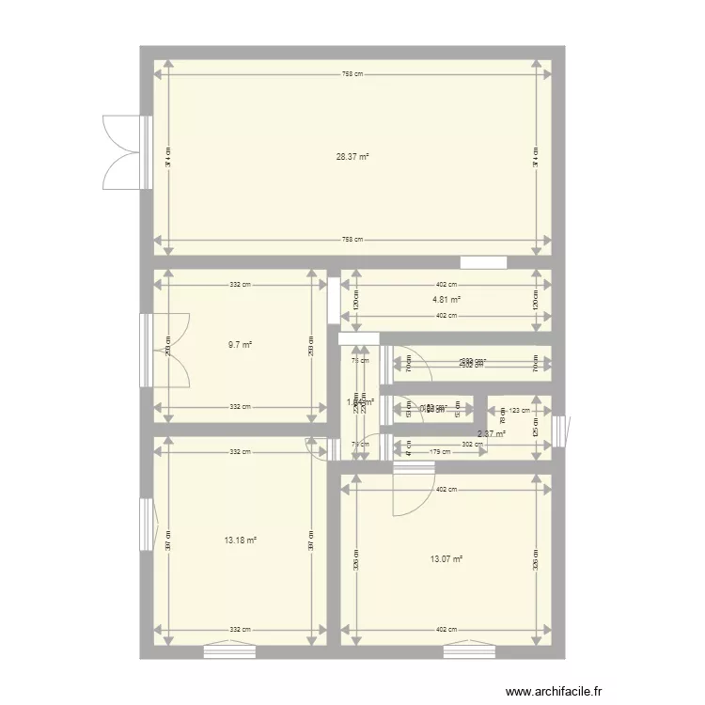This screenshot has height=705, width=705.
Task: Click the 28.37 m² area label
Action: pos(352,156)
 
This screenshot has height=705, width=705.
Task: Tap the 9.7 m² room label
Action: pos(240,345)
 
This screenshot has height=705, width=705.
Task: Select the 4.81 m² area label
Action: pos(446,301)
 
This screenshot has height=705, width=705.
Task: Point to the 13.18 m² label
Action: pos(240,540)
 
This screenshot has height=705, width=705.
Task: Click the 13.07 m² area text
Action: pos(446,559)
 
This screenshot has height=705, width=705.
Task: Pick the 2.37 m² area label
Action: pos(491,433)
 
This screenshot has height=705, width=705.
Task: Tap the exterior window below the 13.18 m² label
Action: pos(229,647)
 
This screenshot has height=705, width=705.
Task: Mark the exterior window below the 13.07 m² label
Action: pos(469,647)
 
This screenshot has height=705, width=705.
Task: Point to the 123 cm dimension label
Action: pos(519,410)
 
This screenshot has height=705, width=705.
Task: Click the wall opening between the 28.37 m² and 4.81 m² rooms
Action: pos(483,262)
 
